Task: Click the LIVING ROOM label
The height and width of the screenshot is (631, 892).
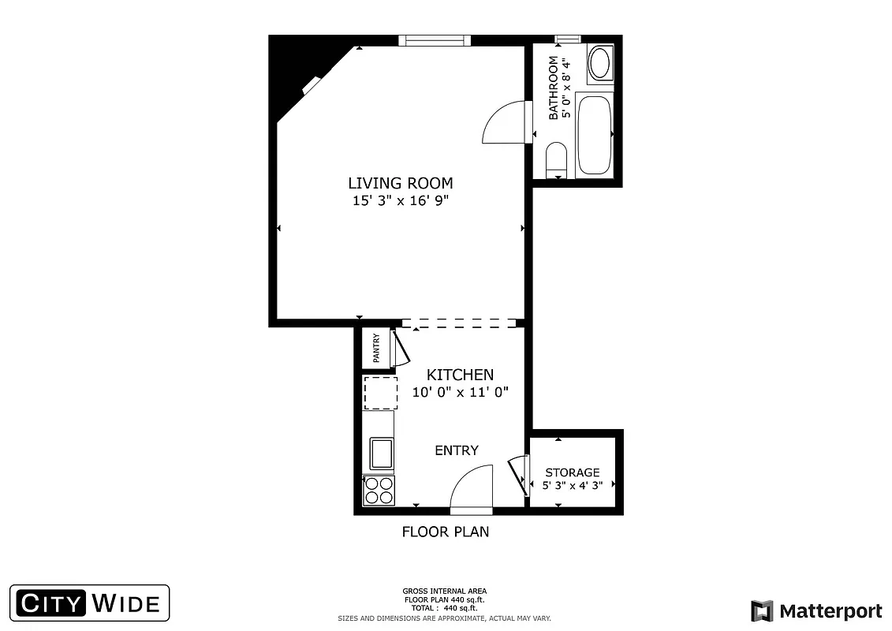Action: click(x=401, y=183)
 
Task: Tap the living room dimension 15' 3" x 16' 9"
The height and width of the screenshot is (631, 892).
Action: click(x=401, y=201)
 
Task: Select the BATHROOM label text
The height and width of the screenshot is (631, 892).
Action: click(x=554, y=88)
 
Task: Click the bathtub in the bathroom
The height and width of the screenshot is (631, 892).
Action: click(x=594, y=134)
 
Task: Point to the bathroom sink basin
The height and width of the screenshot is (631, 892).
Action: click(x=600, y=63)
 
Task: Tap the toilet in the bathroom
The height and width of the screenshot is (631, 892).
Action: click(x=556, y=159)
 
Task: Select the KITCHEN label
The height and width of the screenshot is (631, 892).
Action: click(x=460, y=375)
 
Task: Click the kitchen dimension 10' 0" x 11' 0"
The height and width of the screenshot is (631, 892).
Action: click(x=461, y=391)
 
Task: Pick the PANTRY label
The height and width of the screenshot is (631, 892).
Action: click(x=376, y=348)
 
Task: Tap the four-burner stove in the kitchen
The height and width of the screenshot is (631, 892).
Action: click(x=379, y=491)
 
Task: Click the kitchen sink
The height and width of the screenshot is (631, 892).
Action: click(x=381, y=453)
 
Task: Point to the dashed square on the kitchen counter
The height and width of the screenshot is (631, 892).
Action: click(x=380, y=392)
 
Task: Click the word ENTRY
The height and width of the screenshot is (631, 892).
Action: click(x=457, y=450)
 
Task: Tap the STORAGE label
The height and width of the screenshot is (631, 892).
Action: click(x=573, y=472)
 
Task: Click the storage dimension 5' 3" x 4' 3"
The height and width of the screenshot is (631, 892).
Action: click(x=573, y=486)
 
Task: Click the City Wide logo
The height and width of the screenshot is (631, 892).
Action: click(x=89, y=604)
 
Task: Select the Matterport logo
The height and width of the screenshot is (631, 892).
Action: click(x=816, y=611)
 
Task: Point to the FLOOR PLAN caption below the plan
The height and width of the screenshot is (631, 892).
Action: click(x=446, y=532)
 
